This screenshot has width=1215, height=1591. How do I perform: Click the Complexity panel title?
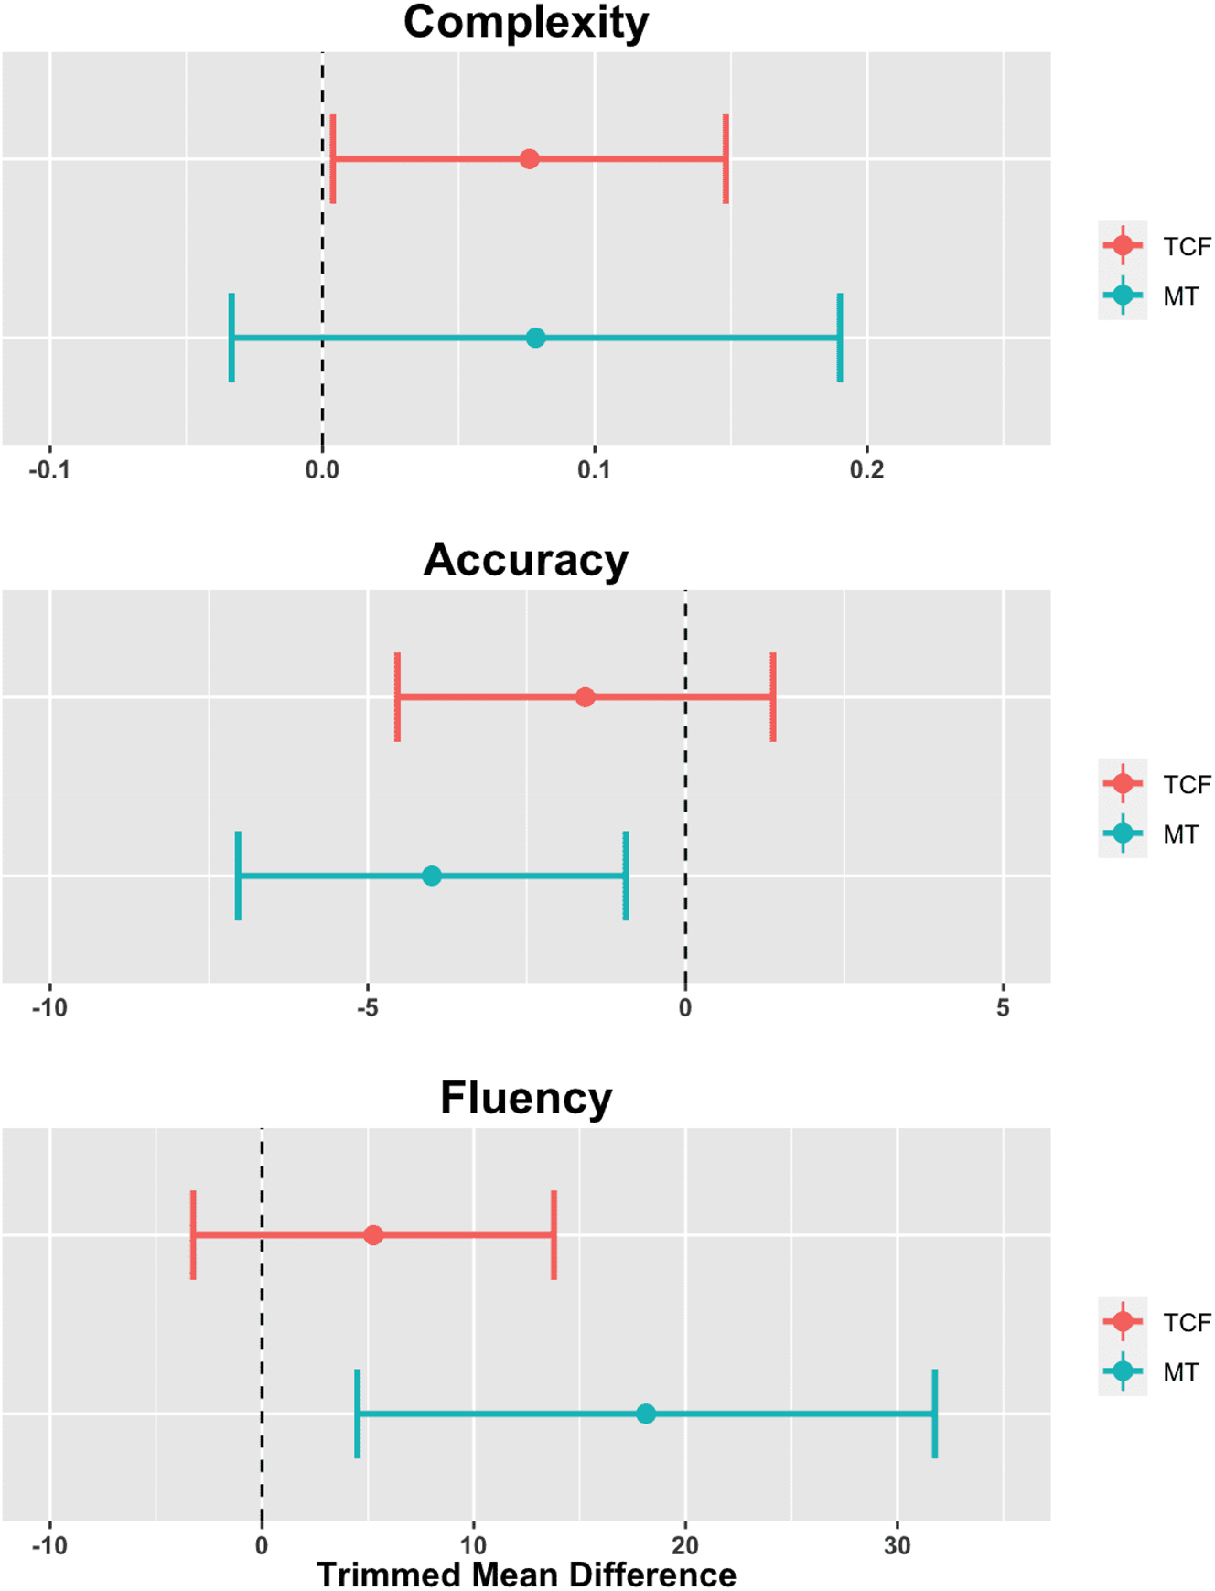click(x=525, y=22)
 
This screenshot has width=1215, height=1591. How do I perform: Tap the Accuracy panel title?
click(x=525, y=560)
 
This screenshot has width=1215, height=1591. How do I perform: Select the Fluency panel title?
click(x=525, y=1098)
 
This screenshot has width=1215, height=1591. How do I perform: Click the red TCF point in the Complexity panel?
click(x=529, y=159)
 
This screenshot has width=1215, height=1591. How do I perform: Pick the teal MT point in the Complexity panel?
click(x=536, y=338)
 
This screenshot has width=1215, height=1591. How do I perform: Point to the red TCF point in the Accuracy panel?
click(x=586, y=697)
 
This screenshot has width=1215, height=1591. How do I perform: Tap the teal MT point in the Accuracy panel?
click(x=432, y=876)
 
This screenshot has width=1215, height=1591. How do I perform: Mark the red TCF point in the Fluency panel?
click(x=373, y=1235)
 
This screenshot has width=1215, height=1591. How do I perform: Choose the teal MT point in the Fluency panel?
click(x=646, y=1414)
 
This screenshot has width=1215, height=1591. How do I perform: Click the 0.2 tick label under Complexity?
click(x=866, y=470)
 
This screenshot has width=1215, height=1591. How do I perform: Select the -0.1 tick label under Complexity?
click(x=49, y=470)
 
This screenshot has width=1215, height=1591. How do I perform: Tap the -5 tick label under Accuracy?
click(x=367, y=1008)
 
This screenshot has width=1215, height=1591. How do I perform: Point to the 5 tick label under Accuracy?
click(x=1004, y=1008)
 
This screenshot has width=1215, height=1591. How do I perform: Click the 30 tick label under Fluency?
click(x=898, y=1546)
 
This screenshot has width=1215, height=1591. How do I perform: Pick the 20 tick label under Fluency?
click(x=685, y=1546)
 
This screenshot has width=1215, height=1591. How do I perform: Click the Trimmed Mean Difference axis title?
click(x=526, y=1575)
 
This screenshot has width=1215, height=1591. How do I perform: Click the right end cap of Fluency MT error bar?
click(x=934, y=1414)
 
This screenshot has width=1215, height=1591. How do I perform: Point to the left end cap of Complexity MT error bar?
click(x=231, y=338)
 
